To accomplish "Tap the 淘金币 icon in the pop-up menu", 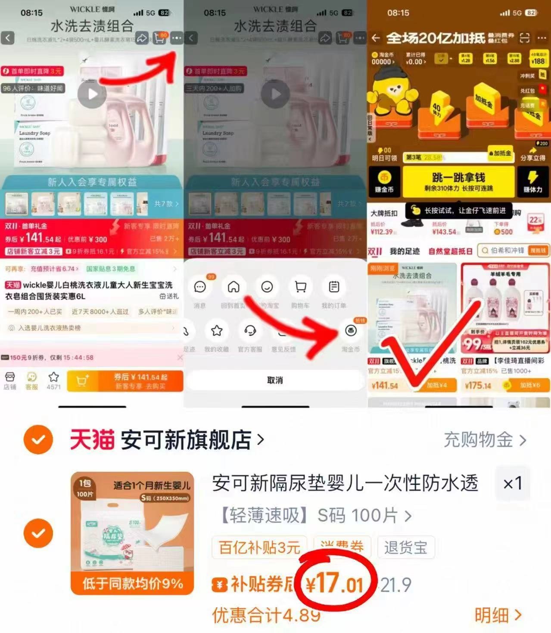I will pyautogui.click(x=351, y=331).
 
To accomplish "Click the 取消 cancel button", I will pyautogui.click(x=275, y=380).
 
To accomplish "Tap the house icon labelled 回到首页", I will pyautogui.click(x=233, y=287).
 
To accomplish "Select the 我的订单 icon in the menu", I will pyautogui.click(x=334, y=287).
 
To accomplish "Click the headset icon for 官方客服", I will pyautogui.click(x=250, y=331).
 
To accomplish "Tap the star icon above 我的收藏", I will pyautogui.click(x=216, y=331).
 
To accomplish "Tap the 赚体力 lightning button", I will pyautogui.click(x=533, y=181).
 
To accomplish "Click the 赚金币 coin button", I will pyautogui.click(x=384, y=181).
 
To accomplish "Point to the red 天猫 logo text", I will pyautogui.click(x=92, y=440).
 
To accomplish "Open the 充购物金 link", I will pyautogui.click(x=484, y=440).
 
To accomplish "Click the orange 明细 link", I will pyautogui.click(x=498, y=615).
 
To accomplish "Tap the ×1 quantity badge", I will pyautogui.click(x=513, y=483).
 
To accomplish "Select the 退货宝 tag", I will pyautogui.click(x=405, y=548).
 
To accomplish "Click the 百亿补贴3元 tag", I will pyautogui.click(x=259, y=548).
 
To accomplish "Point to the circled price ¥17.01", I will pyautogui.click(x=335, y=584).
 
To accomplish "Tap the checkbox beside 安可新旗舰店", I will pyautogui.click(x=38, y=440).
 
